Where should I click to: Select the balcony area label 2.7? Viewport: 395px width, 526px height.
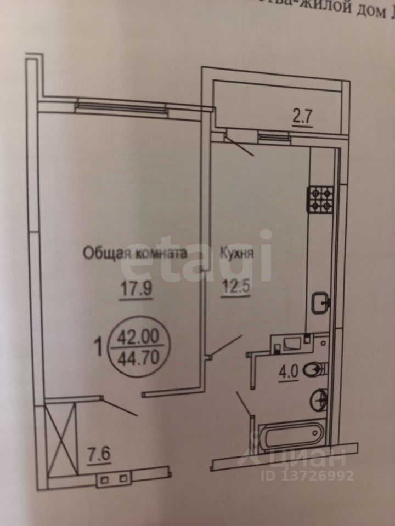pyautogui.click(x=302, y=118)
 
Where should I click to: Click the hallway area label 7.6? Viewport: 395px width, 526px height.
pyautogui.click(x=100, y=455)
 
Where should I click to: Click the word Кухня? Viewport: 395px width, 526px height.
pyautogui.click(x=236, y=254)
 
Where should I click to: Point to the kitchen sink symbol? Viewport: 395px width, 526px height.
pyautogui.click(x=320, y=302)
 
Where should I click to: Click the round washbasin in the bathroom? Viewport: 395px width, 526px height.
pyautogui.click(x=319, y=399)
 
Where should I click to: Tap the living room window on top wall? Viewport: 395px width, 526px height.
pyautogui.click(x=121, y=105)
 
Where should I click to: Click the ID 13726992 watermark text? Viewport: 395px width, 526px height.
pyautogui.click(x=315, y=475)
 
